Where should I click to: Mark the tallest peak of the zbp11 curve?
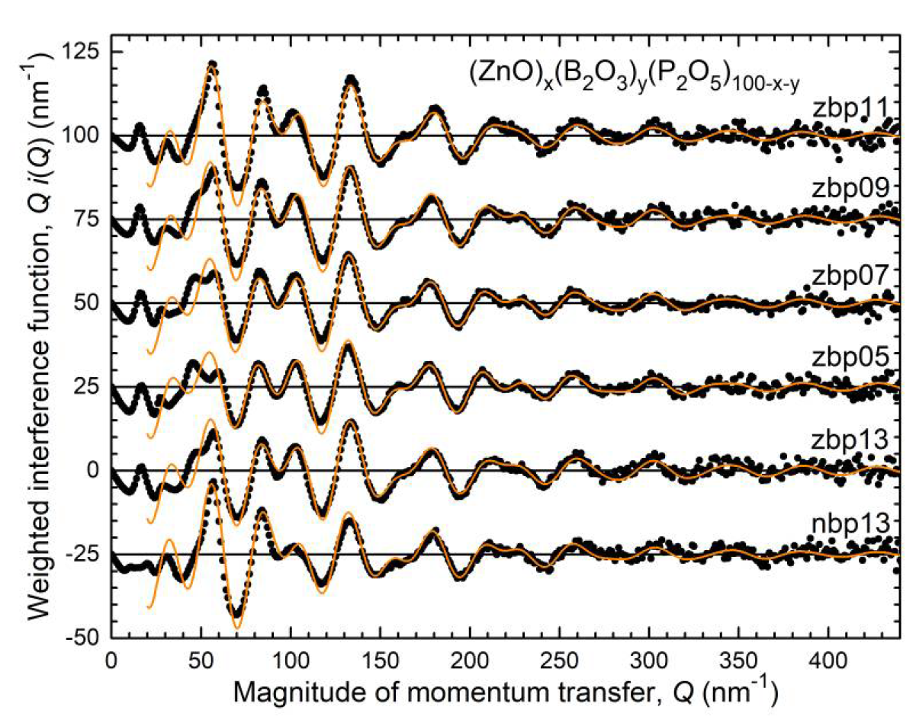[212, 66]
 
